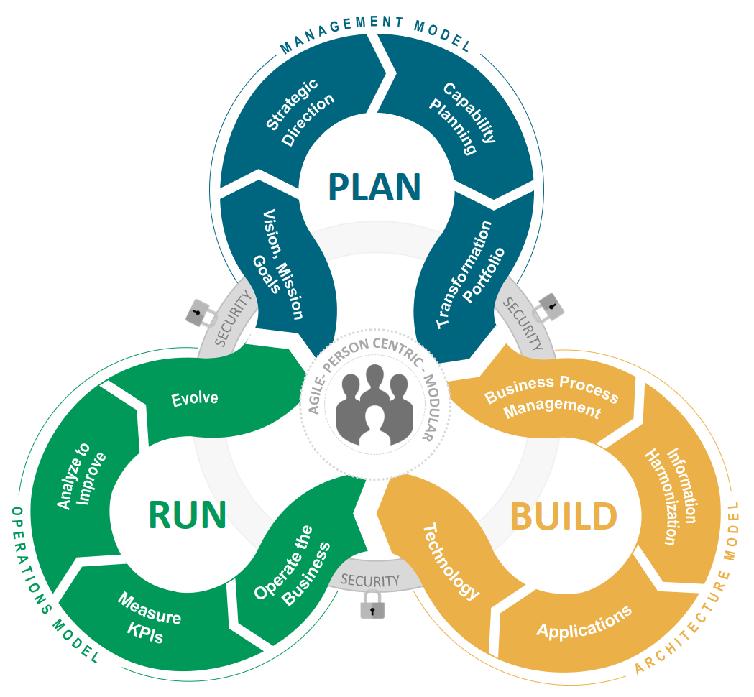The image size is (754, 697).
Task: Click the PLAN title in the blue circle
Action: pos(374,187)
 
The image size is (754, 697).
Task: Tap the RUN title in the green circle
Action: pos(188,514)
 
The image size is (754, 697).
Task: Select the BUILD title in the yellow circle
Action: pos(564,516)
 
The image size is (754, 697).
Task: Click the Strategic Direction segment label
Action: pos(300,113)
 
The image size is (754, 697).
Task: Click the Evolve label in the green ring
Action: pos(195,397)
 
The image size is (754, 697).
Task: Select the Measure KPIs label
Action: pos(149,617)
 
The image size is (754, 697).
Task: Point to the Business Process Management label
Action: pos(552,397)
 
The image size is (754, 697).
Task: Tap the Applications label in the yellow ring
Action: pos(584,622)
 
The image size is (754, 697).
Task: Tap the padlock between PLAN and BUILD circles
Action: pos(550,307)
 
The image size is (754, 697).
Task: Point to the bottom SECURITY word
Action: pos(370,580)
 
